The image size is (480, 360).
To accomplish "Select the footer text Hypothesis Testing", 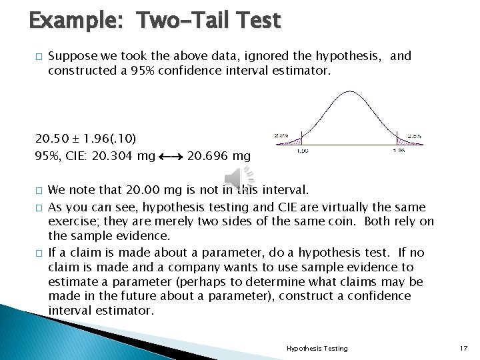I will point(317,348).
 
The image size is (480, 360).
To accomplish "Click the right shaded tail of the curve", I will point(402,141).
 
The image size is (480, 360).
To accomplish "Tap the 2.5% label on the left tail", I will point(281,136).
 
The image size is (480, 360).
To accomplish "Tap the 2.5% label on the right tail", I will point(415,136).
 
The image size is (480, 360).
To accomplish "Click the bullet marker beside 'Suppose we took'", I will point(39,57).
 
